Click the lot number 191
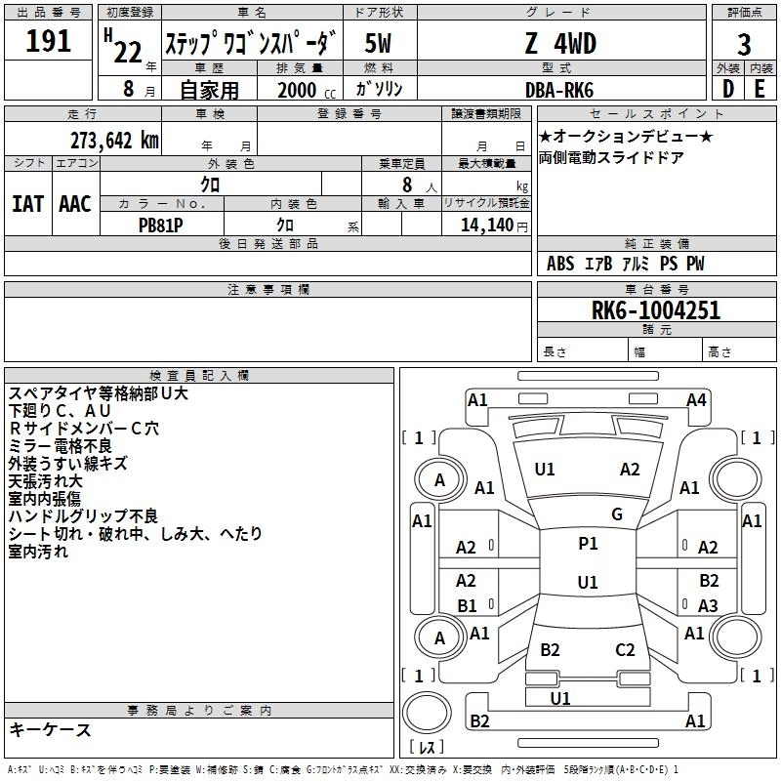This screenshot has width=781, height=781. (49, 43)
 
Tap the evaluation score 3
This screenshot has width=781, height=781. (744, 45)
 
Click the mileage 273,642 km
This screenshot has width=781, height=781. (114, 139)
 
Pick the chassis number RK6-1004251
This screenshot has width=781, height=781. (656, 310)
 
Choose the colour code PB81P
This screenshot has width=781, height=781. (162, 224)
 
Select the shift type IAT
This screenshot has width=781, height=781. (28, 204)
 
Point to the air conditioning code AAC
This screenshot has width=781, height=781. (75, 204)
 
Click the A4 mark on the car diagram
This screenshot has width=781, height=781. (696, 399)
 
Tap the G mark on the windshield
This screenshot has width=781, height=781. (617, 514)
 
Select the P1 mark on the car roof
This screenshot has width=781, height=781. (588, 544)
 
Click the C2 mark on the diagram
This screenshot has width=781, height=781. (626, 649)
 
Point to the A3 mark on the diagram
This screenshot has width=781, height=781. (708, 605)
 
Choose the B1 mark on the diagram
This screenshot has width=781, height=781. (467, 605)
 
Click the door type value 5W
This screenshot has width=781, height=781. (378, 44)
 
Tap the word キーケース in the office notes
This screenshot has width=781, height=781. (50, 730)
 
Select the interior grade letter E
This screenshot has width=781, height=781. (760, 90)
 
